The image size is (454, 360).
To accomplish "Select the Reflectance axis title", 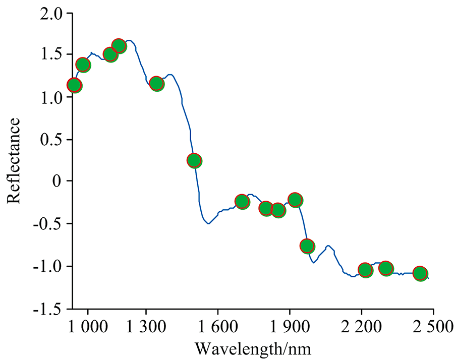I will coord(14,160).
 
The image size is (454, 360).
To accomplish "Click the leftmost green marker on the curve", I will coord(74,85).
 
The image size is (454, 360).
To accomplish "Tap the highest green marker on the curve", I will coord(119,46).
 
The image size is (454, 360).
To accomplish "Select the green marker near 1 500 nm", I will coord(195,160).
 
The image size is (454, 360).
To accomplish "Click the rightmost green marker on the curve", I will coord(420,273).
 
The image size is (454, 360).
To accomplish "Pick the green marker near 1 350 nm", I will coord(157,83).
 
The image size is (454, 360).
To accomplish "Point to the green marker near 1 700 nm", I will coord(242,202).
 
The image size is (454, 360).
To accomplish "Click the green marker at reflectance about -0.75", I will coord(307,246).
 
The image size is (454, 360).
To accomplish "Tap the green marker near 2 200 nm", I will coord(365,270).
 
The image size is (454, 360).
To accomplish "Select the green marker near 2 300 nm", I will coord(386,268).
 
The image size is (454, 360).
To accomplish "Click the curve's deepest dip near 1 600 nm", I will coord(208,223).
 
